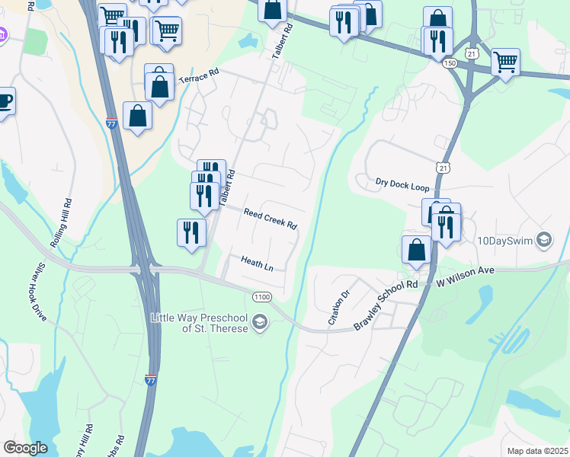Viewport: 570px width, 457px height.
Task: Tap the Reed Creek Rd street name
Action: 270,219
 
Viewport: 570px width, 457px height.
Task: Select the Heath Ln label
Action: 257,264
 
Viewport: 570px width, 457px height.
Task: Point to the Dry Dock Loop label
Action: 402,184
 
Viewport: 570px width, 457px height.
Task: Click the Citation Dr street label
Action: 338,308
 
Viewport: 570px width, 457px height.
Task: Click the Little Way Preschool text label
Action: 200,322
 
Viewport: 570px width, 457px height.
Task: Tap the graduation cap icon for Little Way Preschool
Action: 260,322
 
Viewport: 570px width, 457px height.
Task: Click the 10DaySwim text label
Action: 504,241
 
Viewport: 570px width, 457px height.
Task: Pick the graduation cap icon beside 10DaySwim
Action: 543,241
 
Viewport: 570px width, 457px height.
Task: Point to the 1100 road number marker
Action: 261,296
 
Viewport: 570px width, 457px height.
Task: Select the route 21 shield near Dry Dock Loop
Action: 444,168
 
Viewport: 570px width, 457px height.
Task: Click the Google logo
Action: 25,448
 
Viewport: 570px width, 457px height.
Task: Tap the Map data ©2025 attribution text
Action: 537,451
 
